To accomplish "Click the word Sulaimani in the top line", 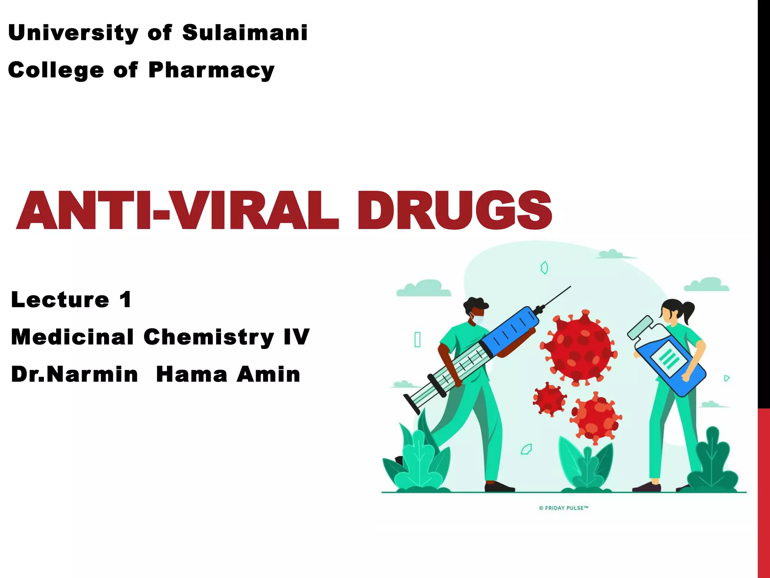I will click(245, 33).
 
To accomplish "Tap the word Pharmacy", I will click(211, 70).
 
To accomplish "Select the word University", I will click(73, 33).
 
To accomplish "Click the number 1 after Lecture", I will click(126, 300).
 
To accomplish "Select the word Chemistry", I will click(209, 337).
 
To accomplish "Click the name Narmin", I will click(92, 374).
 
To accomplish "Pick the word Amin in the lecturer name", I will click(268, 374).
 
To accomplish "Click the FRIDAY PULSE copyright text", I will click(564, 508).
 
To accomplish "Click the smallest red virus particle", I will click(549, 399).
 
